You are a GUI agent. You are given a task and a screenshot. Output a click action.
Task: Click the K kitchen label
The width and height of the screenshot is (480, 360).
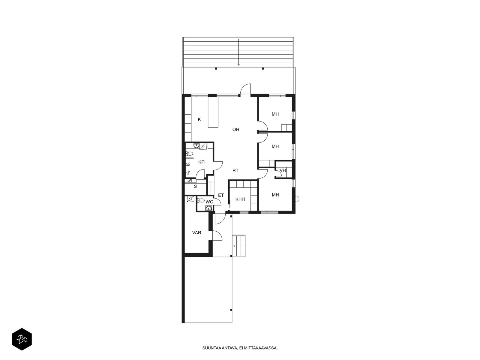[x=199, y=119]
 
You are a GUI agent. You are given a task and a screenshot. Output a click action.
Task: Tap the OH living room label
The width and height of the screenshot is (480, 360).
[x=235, y=129]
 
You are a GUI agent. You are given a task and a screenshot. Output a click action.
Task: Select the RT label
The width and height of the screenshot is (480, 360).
[x=235, y=170]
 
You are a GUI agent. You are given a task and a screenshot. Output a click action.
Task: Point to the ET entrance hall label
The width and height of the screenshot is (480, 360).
[x=221, y=195]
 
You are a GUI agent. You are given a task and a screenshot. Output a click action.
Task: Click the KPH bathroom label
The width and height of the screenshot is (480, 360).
[x=203, y=162]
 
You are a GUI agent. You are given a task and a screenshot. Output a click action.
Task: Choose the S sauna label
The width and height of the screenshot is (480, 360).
[x=195, y=186]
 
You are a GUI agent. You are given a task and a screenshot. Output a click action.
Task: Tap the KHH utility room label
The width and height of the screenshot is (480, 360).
[x=240, y=199]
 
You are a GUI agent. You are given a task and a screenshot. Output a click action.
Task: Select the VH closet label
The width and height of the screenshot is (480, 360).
[x=283, y=170]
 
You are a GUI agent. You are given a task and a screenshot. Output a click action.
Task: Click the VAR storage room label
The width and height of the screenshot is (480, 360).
[x=196, y=232]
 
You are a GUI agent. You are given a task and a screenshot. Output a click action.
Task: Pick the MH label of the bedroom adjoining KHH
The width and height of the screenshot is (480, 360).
[x=275, y=195]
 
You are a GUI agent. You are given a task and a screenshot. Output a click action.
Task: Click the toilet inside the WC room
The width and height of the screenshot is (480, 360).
[x=200, y=200]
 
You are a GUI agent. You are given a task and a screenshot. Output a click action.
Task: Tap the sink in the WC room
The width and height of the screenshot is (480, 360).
[x=209, y=208]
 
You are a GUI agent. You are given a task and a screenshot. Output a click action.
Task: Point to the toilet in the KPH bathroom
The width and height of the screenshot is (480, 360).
[x=189, y=153]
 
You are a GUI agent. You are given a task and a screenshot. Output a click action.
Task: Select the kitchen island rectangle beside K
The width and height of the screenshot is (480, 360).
[x=213, y=112]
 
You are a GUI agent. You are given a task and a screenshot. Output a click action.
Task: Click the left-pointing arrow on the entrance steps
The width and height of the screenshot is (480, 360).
[x=238, y=246]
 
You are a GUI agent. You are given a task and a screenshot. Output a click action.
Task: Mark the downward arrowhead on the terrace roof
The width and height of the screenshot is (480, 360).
[x=238, y=64]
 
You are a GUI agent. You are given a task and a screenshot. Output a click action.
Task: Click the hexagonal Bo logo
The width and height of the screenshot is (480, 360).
[x=22, y=339]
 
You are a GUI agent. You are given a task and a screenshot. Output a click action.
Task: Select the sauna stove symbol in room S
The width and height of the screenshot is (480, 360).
[x=190, y=181]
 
